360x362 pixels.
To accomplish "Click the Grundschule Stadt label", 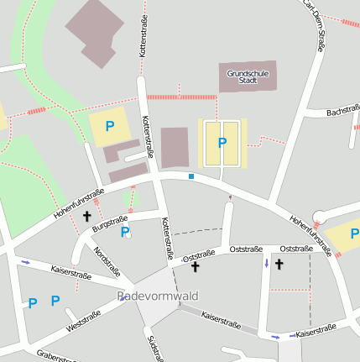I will [248, 77].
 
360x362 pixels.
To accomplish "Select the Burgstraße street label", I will [109, 223].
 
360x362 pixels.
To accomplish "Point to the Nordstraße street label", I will [107, 262].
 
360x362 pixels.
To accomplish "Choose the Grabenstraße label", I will [59, 356].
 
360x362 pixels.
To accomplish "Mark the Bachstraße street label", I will [342, 111].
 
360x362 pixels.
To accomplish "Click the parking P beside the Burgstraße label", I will [125, 232].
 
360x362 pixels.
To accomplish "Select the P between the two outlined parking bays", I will [222, 143].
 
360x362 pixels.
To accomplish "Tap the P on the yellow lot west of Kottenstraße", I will [109, 127].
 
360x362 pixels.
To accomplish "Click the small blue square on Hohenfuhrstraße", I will [191, 176].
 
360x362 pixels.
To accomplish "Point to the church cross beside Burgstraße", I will [86, 217].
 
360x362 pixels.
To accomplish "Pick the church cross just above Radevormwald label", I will [195, 267].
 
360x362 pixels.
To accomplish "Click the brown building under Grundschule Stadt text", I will [247, 77].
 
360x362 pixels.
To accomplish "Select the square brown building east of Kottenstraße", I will [175, 147].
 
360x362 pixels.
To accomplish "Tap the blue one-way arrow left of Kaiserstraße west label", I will [25, 263].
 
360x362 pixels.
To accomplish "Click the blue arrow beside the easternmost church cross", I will [267, 264].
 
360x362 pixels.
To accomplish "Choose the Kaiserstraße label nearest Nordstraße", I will [71, 273].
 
